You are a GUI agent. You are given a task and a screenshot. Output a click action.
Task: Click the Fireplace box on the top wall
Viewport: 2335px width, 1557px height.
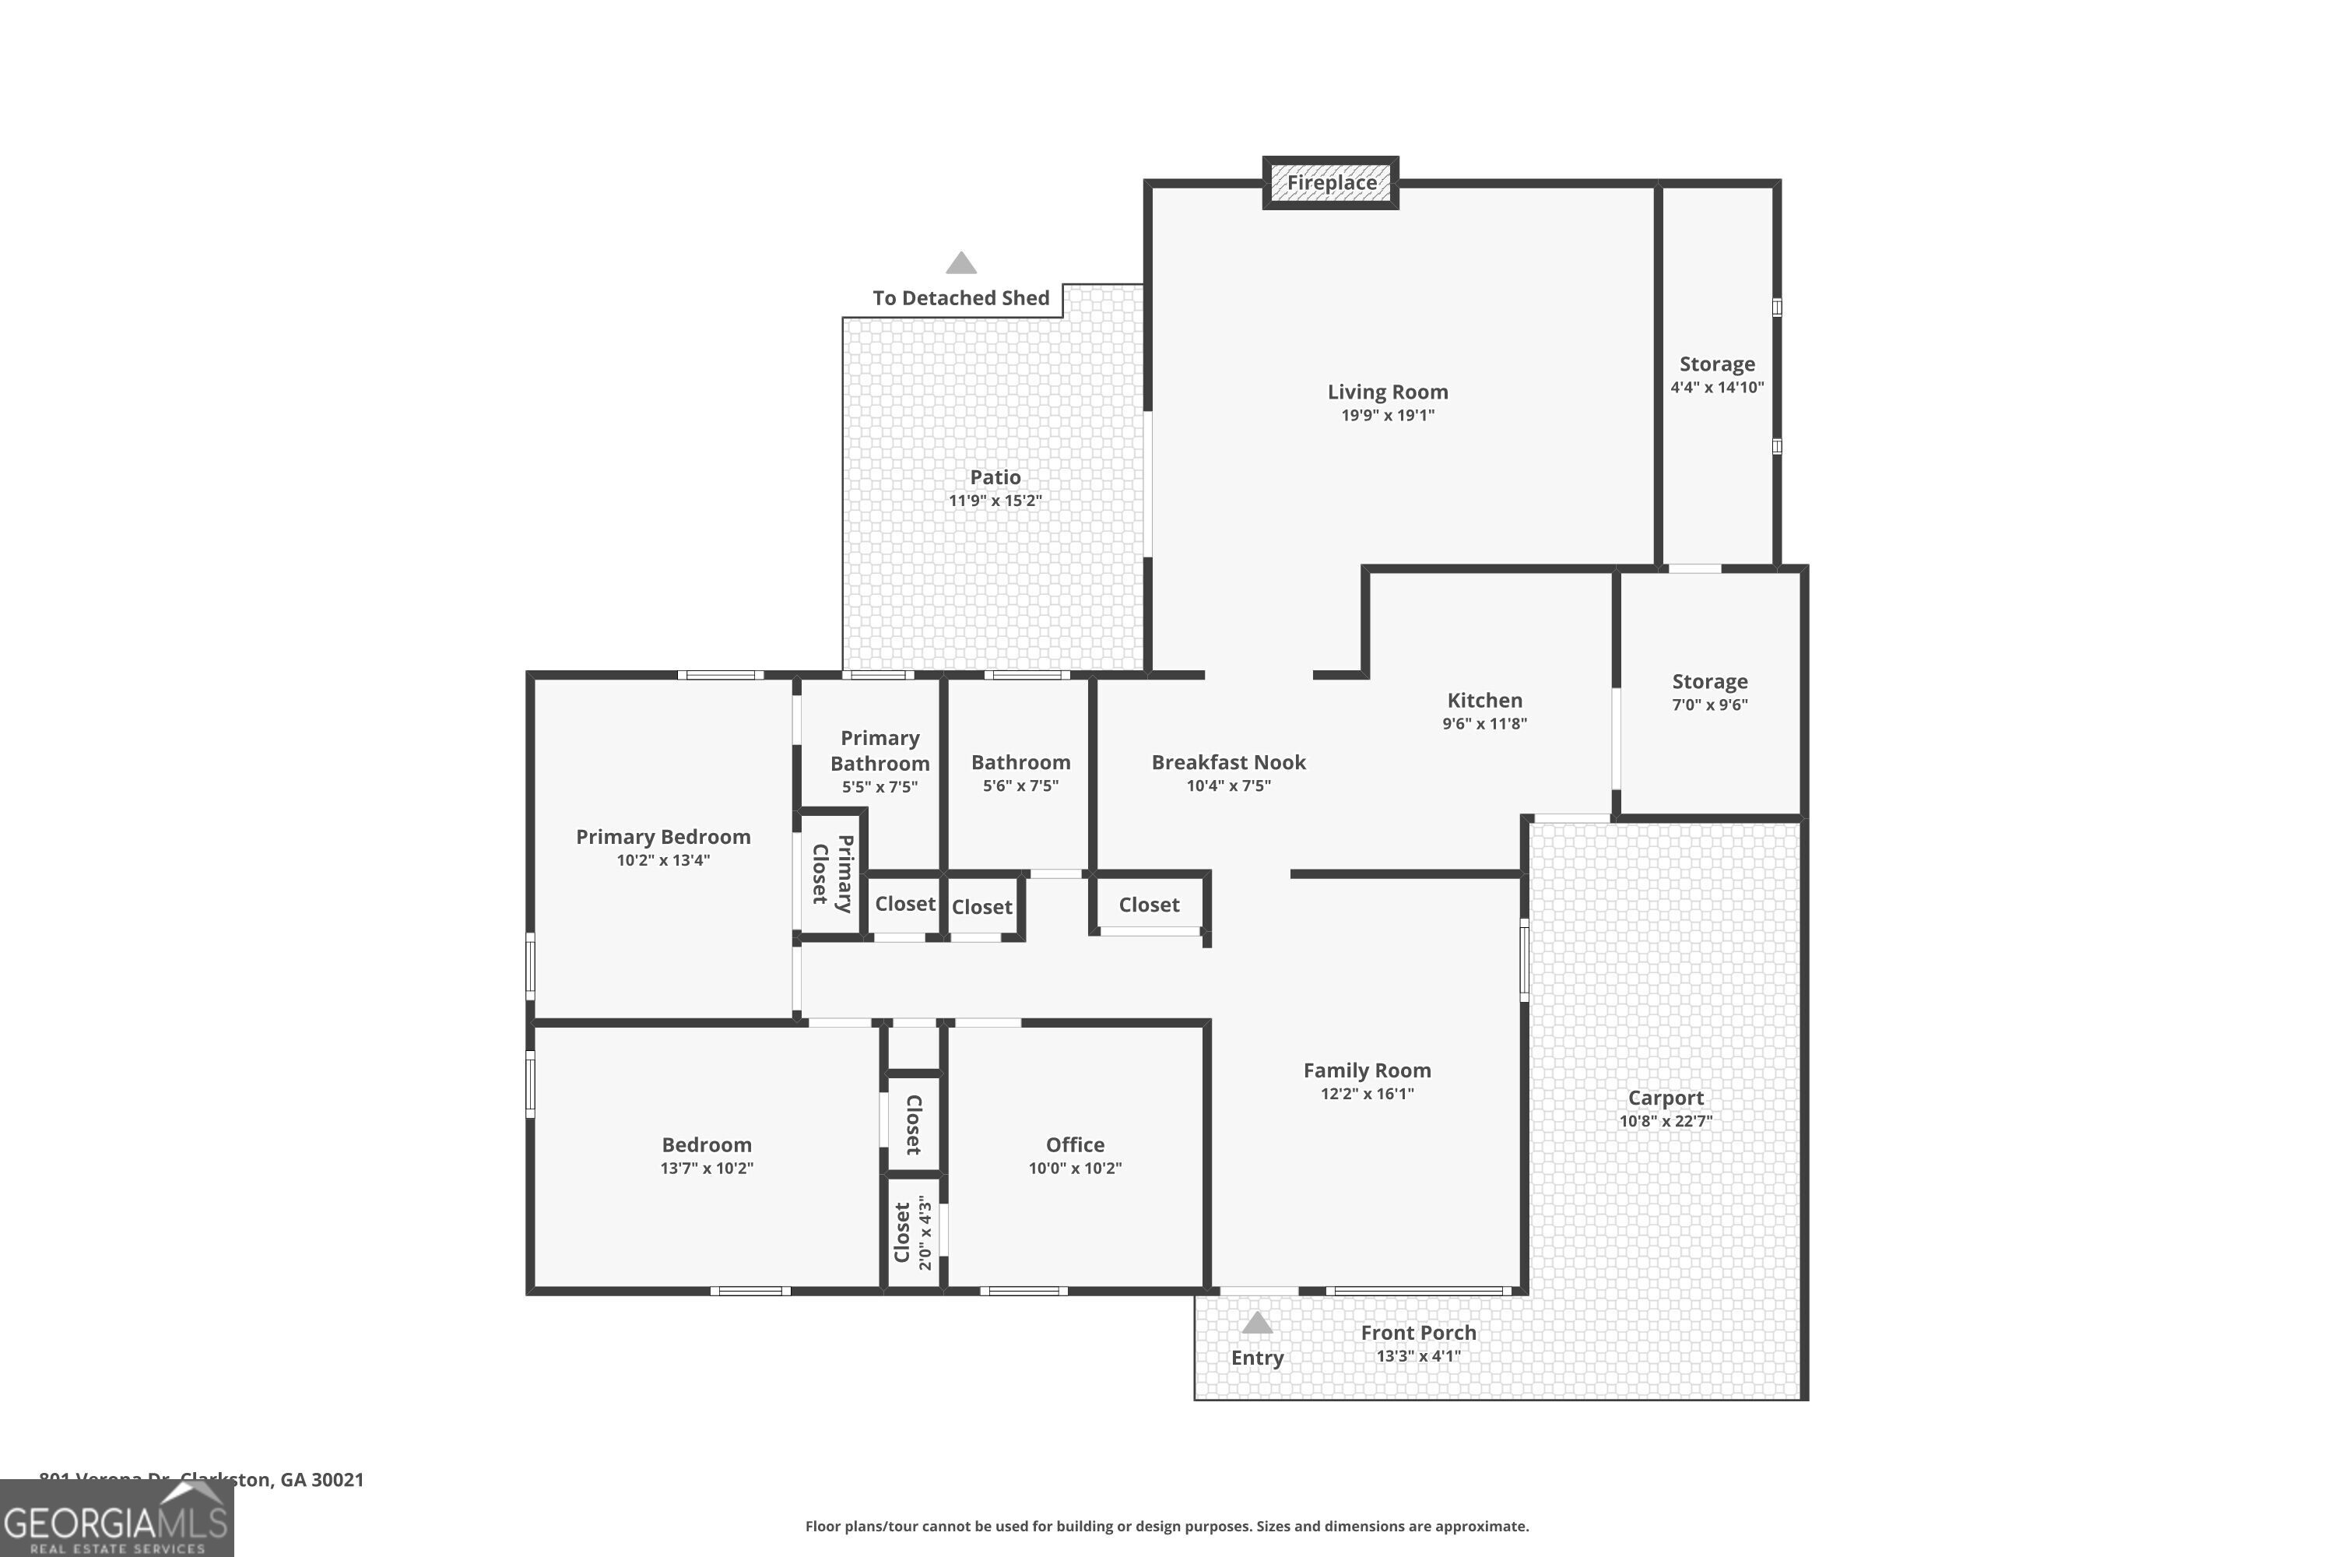pyautogui.click(x=1330, y=183)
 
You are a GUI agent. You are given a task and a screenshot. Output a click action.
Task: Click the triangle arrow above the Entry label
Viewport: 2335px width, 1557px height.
pyautogui.click(x=1257, y=1323)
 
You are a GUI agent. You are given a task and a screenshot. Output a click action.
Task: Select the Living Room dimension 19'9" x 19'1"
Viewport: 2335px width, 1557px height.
pyautogui.click(x=1387, y=415)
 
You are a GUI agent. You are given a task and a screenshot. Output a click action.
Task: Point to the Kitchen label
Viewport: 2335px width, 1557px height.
pyautogui.click(x=1484, y=700)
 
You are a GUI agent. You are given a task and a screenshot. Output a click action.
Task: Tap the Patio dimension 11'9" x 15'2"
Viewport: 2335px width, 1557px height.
pyautogui.click(x=995, y=501)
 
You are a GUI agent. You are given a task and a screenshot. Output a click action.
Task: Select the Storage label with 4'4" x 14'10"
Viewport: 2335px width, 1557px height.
pyautogui.click(x=1716, y=364)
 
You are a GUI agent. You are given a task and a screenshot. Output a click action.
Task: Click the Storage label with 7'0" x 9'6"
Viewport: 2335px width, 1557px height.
pyautogui.click(x=1708, y=681)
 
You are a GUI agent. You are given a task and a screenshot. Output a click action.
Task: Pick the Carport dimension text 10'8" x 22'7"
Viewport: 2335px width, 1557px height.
pyautogui.click(x=1665, y=1121)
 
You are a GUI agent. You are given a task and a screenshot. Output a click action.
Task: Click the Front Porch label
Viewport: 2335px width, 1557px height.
pyautogui.click(x=1417, y=1333)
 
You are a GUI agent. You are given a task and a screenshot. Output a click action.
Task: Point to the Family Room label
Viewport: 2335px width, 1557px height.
pyautogui.click(x=1366, y=1070)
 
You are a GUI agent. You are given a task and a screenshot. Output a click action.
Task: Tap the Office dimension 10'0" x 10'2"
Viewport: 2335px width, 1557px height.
pyautogui.click(x=1074, y=1168)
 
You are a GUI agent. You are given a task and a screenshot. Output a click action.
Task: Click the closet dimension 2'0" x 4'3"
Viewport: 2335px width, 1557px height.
pyautogui.click(x=925, y=1232)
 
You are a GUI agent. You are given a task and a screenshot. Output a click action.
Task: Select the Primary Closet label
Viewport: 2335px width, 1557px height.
pyautogui.click(x=832, y=873)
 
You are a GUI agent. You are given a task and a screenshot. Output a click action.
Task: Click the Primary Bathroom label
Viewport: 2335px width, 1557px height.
pyautogui.click(x=880, y=750)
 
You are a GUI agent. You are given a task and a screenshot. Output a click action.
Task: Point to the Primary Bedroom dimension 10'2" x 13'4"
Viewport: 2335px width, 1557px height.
pyautogui.click(x=662, y=860)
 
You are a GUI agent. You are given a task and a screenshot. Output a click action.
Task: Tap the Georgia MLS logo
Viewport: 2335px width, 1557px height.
pyautogui.click(x=116, y=1520)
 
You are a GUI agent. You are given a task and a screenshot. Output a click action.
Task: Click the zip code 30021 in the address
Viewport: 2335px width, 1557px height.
pyautogui.click(x=338, y=1480)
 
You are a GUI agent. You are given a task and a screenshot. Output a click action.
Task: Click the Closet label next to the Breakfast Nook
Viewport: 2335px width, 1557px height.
pyautogui.click(x=1149, y=905)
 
